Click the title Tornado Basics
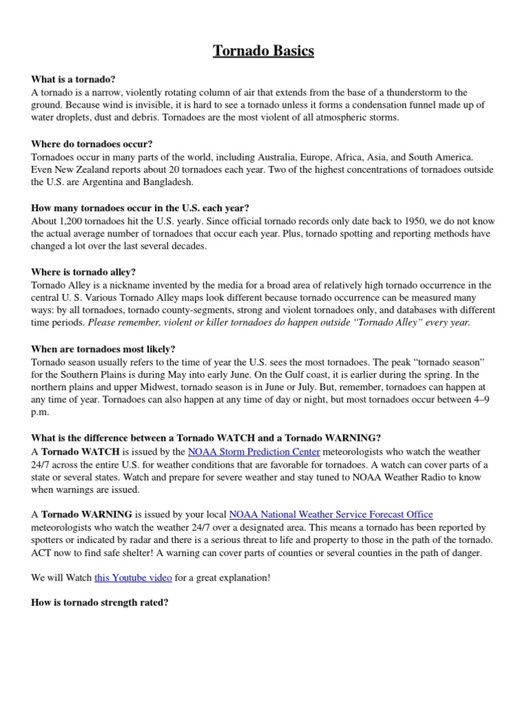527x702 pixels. (x=263, y=51)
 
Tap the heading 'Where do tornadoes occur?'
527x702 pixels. (x=92, y=144)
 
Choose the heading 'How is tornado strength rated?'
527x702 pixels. (x=99, y=603)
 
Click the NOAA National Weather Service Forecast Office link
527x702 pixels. (x=331, y=515)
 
